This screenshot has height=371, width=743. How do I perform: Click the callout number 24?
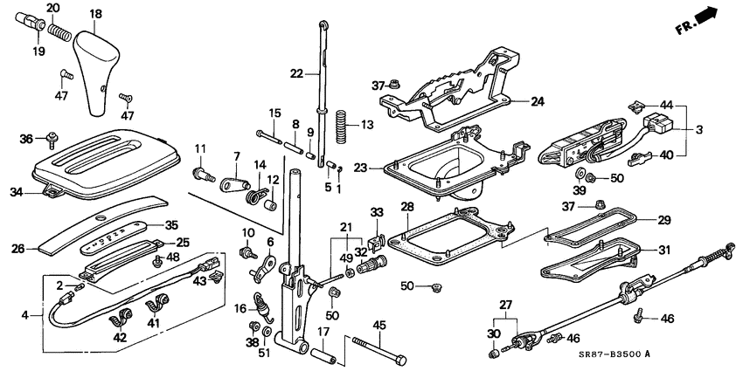pyautogui.click(x=536, y=101)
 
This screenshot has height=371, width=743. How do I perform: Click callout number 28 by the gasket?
pyautogui.click(x=406, y=206)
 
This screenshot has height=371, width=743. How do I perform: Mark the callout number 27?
pyautogui.click(x=503, y=305)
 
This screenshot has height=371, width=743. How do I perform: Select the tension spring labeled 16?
pyautogui.click(x=260, y=307)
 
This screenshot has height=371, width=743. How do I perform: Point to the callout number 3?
pyautogui.click(x=697, y=130)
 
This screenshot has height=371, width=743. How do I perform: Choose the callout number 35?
pyautogui.click(x=171, y=224)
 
